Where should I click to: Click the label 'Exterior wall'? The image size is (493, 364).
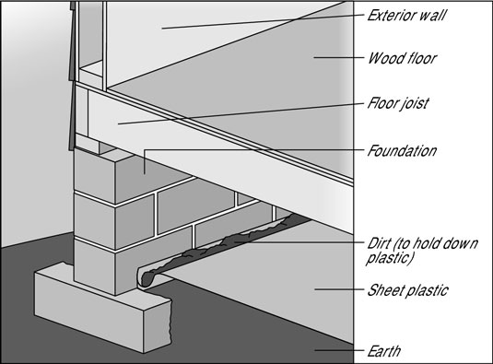point(407,15)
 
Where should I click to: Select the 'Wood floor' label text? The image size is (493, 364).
point(402,58)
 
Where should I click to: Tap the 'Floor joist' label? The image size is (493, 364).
point(398,103)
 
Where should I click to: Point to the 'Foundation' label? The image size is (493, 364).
point(402,151)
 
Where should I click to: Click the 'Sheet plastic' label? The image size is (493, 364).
point(408,290)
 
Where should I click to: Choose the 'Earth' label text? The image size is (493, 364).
point(384,351)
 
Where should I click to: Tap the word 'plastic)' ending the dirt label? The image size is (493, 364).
point(389,258)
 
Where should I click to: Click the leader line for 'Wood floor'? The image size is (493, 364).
point(338,57)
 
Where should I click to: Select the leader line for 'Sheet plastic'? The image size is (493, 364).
point(339,289)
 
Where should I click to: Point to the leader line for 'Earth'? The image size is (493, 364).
point(339,350)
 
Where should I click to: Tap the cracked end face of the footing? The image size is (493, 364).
point(158,326)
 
